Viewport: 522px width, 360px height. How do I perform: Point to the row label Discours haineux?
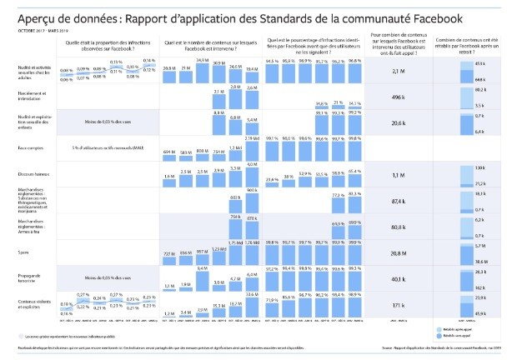pos(33,174)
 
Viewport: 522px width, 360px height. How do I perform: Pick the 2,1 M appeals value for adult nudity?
pos(397,72)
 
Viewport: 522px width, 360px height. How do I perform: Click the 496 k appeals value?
pos(397,97)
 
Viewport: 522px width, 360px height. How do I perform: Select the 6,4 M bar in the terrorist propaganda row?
pos(202,279)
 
